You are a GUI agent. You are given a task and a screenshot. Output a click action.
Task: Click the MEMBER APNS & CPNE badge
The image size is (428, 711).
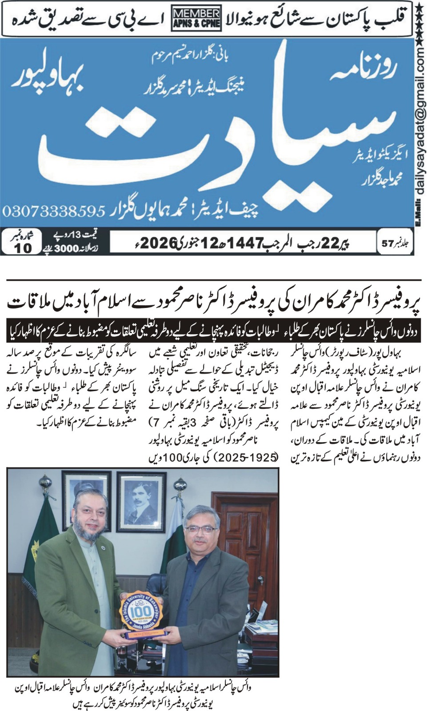196,18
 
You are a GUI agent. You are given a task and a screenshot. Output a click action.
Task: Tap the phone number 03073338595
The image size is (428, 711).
53,210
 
